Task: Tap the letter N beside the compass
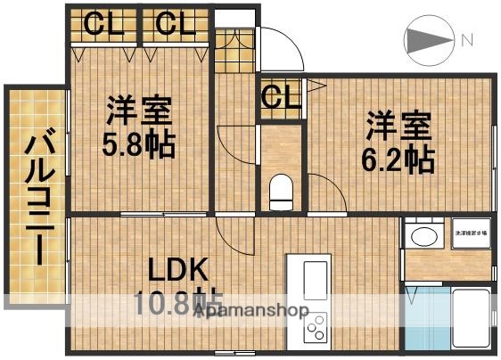click(466, 39)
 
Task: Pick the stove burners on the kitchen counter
click(317, 329)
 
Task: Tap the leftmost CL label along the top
click(105, 24)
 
